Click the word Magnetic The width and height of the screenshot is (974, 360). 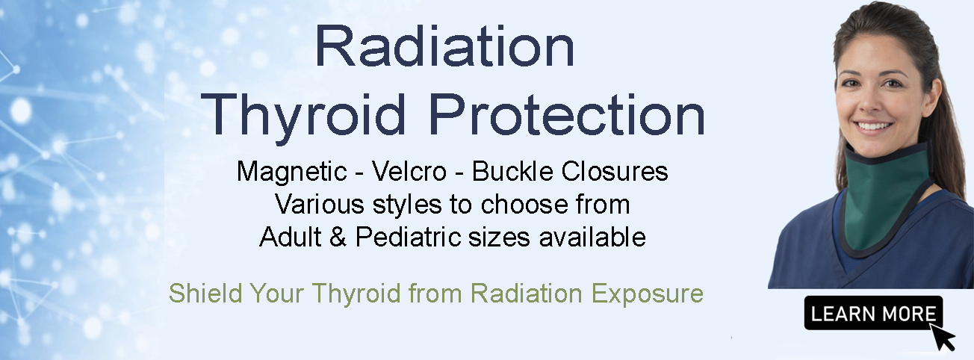289,172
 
